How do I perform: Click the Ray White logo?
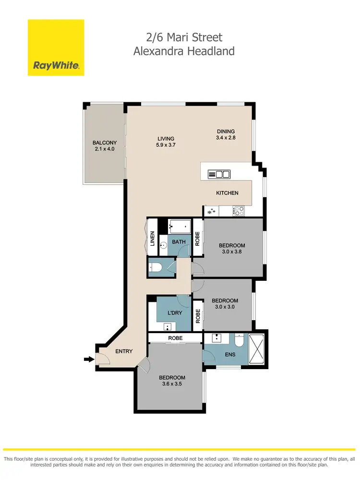pyautogui.click(x=56, y=48)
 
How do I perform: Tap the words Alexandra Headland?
pyautogui.click(x=184, y=51)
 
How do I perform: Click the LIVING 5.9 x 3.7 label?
pyautogui.click(x=165, y=142)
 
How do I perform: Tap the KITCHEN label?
pyautogui.click(x=227, y=193)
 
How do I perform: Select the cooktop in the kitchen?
pyautogui.click(x=239, y=210)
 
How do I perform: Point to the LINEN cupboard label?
pyautogui.click(x=152, y=239)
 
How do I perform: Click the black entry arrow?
pyautogui.click(x=89, y=359)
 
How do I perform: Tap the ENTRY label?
pyautogui.click(x=124, y=351)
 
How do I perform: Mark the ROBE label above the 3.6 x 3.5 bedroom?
pyautogui.click(x=174, y=338)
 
